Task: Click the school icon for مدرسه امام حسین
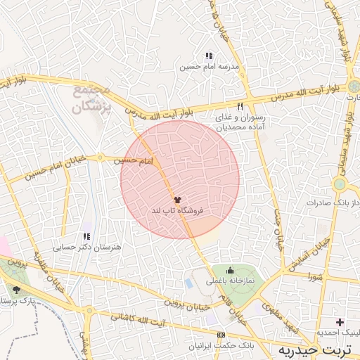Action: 209,56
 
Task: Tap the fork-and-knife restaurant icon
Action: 240,106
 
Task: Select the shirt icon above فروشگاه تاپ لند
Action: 176,200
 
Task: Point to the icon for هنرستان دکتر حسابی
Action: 86,237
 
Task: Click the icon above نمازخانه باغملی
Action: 229,271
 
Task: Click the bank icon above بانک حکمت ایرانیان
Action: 221,335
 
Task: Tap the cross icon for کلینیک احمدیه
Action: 340,322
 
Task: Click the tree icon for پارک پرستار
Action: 17,290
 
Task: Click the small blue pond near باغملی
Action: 188,283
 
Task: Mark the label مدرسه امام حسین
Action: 210,67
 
